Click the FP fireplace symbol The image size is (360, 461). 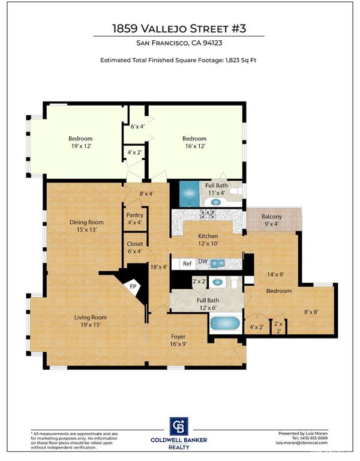pyautogui.click(x=133, y=286)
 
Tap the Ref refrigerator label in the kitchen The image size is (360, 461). pyautogui.click(x=187, y=264)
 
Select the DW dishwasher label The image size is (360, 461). pyautogui.click(x=203, y=261)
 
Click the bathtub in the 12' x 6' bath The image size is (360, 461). pyautogui.click(x=226, y=324)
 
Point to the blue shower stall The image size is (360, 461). pyautogui.click(x=189, y=193)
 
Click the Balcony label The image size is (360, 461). pyautogui.click(x=272, y=217)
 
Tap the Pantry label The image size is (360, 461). pyautogui.click(x=134, y=215)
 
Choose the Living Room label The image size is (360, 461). pyautogui.click(x=90, y=317)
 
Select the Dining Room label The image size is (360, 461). pyautogui.click(x=86, y=222)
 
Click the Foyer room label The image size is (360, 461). pyautogui.click(x=178, y=337)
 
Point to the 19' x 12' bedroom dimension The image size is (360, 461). pyautogui.click(x=81, y=146)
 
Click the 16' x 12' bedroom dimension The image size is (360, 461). pyautogui.click(x=195, y=146)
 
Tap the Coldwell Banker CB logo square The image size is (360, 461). pyautogui.click(x=179, y=426)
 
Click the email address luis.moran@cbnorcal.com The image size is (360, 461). pyautogui.click(x=301, y=442)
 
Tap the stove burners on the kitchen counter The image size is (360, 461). pyautogui.click(x=208, y=214)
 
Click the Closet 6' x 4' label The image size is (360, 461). pyautogui.click(x=134, y=247)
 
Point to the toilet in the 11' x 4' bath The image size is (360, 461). pyautogui.click(x=235, y=191)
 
